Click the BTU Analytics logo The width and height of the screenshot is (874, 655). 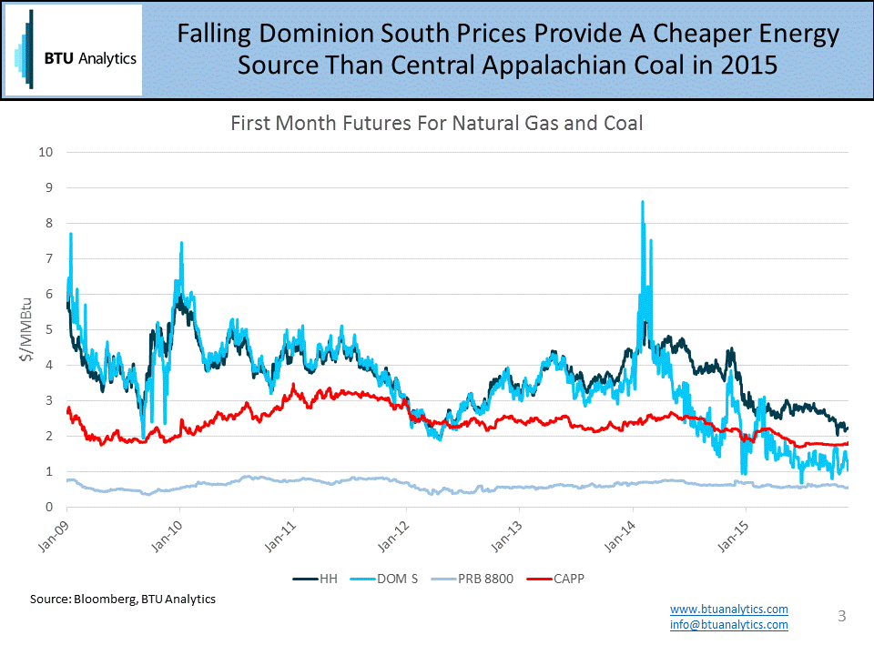(74, 50)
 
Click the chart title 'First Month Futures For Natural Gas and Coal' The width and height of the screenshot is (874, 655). (437, 123)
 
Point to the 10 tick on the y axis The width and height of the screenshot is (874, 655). (44, 152)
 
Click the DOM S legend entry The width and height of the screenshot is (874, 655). (388, 578)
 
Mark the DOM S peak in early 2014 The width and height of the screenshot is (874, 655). (643, 203)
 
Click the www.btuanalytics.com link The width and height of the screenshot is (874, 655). (728, 609)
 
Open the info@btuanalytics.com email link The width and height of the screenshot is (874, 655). (728, 624)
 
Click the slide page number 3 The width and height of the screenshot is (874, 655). (842, 616)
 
